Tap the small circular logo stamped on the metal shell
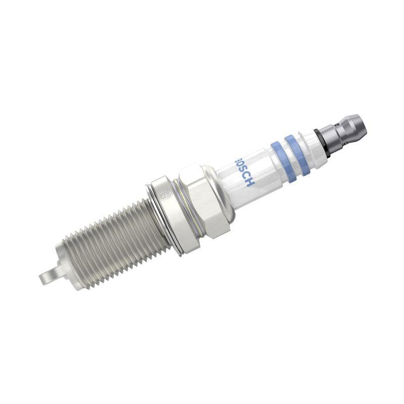click(x=163, y=193)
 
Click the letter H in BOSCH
click(x=250, y=182)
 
